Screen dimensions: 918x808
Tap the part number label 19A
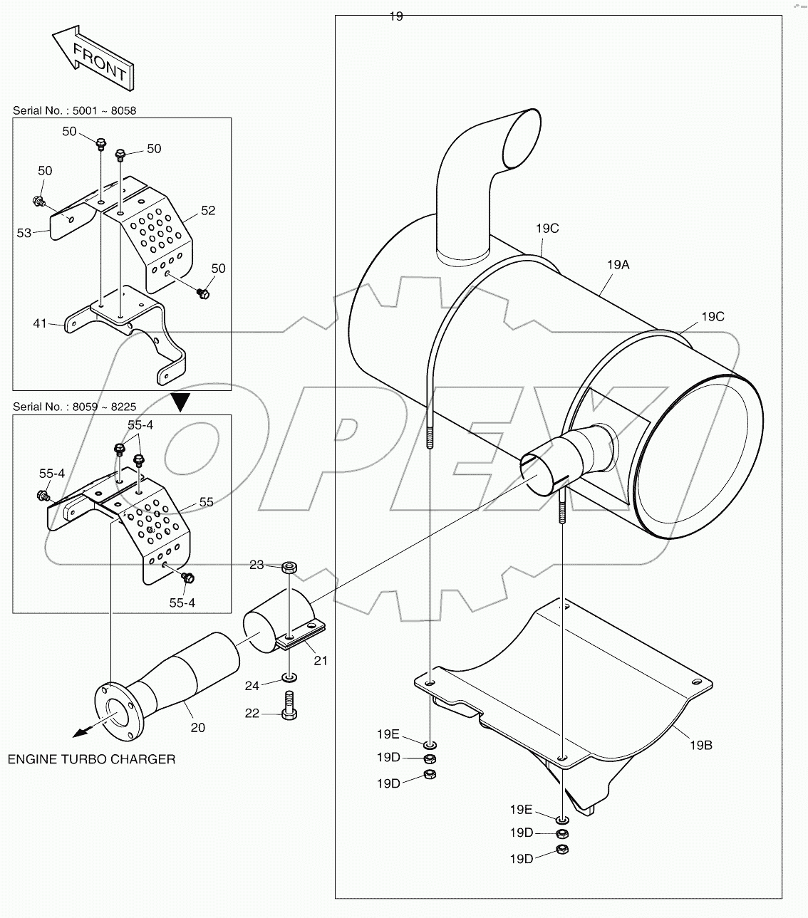618,264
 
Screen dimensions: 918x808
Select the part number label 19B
700,745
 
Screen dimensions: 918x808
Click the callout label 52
207,211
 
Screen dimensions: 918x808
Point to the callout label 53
24,233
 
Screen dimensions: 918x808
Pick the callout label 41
39,323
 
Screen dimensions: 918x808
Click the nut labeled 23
289,568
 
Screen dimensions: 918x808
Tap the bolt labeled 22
289,705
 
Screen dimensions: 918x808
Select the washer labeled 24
289,675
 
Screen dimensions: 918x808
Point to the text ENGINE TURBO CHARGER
91,759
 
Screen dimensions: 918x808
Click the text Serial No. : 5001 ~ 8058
74,110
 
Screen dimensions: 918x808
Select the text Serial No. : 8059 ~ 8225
74,407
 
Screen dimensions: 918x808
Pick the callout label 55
206,502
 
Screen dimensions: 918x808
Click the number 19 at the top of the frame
396,16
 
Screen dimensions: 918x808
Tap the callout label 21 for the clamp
321,660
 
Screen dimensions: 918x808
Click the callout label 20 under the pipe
197,727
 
